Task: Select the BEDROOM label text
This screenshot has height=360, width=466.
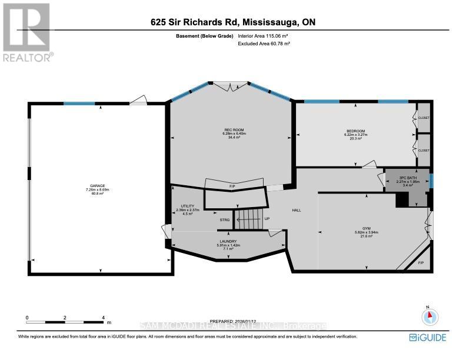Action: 355,131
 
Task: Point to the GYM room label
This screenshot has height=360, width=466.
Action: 366,228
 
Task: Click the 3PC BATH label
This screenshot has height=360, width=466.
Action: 408,177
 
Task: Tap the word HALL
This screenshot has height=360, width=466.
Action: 297,210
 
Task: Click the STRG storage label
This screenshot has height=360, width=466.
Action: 224,220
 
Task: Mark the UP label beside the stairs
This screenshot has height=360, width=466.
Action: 267,219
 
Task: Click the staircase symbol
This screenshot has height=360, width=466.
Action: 247,219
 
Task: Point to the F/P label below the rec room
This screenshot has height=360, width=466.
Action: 233,186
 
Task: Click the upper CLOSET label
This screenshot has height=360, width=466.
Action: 424,118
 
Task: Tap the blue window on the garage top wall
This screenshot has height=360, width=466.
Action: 79,104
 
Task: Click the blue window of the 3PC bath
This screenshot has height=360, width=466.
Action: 432,181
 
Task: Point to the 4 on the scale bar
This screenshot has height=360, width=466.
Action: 103,318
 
